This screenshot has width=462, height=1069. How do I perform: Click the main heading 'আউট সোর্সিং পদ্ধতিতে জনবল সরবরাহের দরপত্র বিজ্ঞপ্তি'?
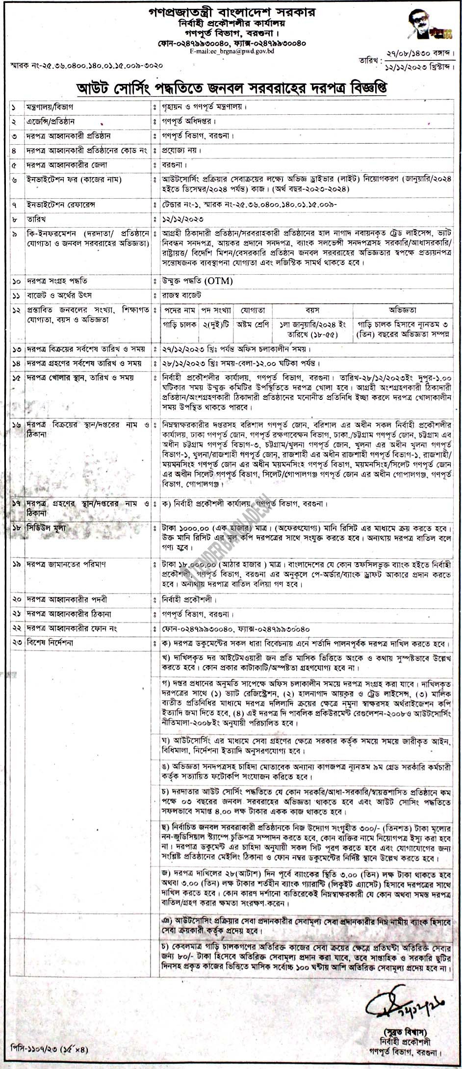coord(231,88)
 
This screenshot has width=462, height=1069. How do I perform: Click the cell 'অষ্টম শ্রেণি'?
coord(253,324)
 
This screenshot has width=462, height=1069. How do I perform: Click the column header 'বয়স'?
coord(312,311)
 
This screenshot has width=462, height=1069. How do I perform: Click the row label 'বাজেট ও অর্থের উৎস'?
coord(54,296)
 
